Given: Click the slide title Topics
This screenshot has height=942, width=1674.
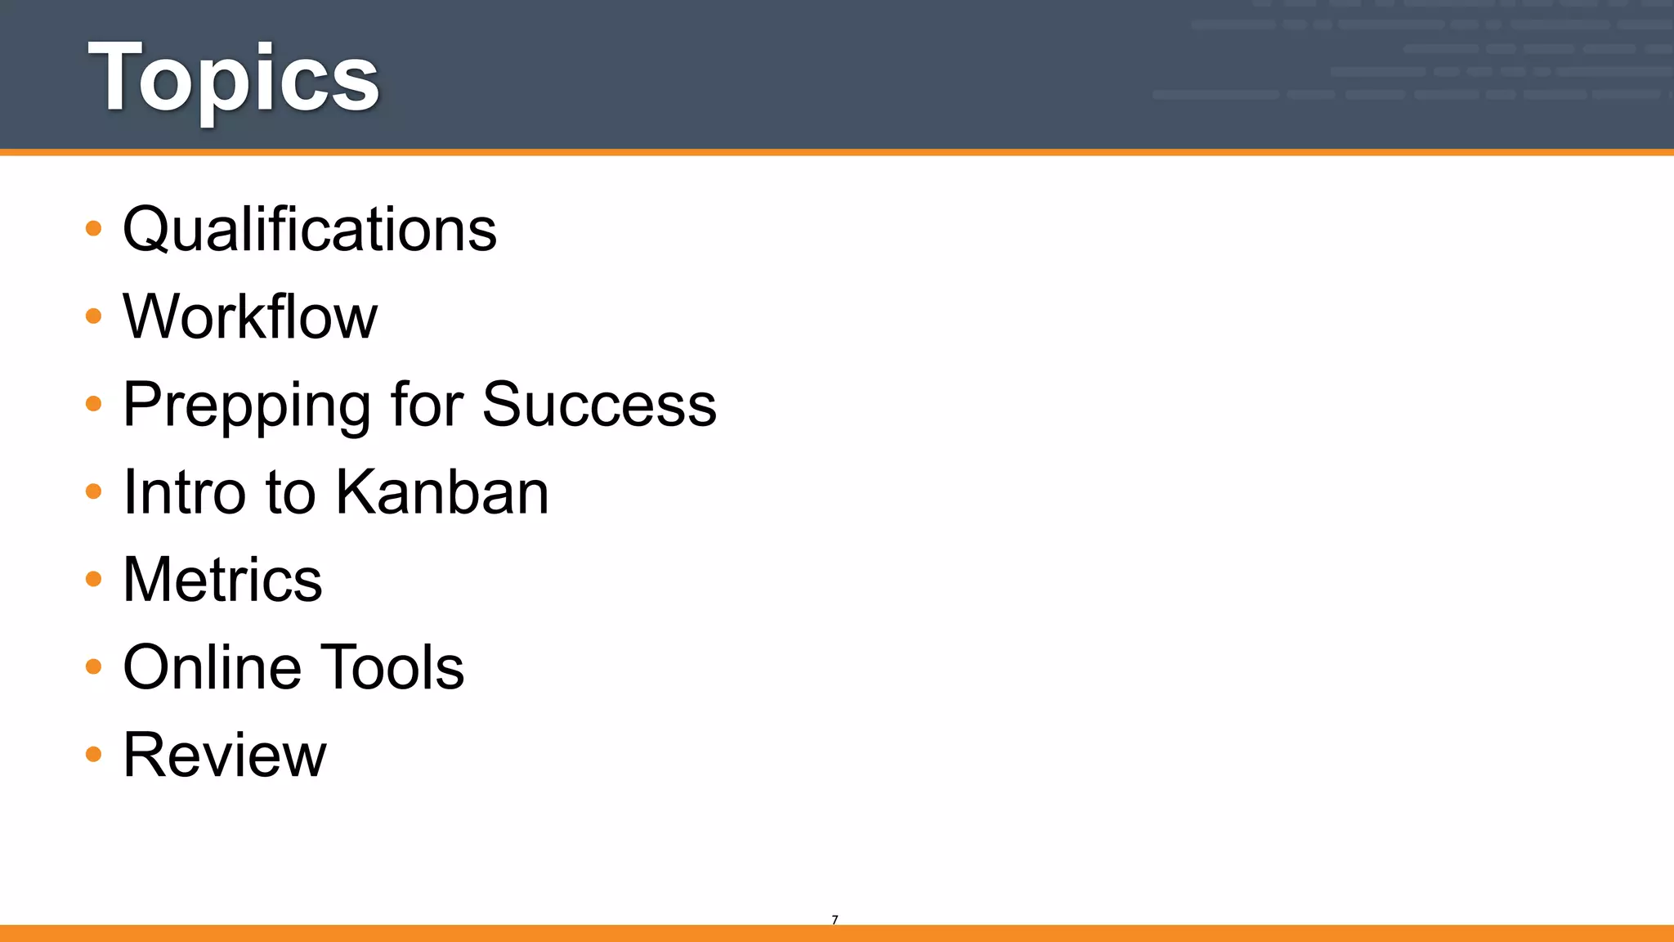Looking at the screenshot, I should [234, 78].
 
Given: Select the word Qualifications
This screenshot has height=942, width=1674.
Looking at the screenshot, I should [310, 229].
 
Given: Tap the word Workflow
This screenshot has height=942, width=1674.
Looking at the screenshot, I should [250, 316].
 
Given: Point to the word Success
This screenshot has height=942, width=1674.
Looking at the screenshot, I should [599, 404].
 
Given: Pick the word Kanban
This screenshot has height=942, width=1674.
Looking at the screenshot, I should [442, 492].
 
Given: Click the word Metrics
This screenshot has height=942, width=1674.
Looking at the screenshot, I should [222, 580].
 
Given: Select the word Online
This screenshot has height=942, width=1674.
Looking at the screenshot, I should [212, 667].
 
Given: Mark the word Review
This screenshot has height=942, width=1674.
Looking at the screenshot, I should [225, 755].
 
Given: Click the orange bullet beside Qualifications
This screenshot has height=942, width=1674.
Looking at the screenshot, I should [94, 228].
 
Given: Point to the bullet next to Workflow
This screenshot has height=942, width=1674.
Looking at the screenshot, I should [94, 316].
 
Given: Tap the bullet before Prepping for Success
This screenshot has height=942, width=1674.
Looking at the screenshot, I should [94, 403].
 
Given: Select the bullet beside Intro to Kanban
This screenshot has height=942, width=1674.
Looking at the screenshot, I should [94, 491].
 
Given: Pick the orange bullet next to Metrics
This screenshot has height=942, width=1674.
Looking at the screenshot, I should [94, 579].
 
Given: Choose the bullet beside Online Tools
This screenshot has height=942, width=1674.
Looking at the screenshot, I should [94, 666].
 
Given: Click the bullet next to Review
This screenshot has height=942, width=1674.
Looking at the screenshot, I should [94, 754].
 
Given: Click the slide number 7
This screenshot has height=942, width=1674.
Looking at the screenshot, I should [835, 920].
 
